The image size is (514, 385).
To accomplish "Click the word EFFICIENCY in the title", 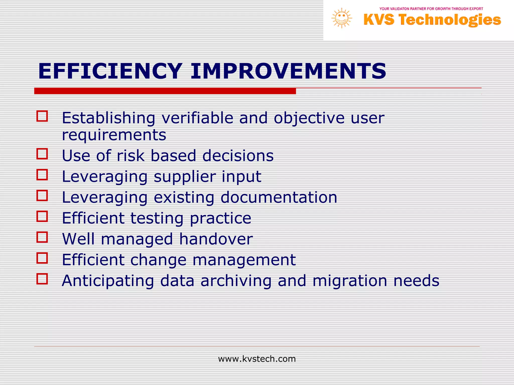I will point(110,71).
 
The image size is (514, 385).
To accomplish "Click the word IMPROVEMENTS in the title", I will point(288,71).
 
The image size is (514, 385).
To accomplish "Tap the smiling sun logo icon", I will point(342,18).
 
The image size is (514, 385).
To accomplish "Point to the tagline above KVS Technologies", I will point(431,9).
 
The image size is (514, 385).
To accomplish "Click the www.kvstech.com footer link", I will point(257,359).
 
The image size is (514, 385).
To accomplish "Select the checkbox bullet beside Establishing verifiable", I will point(42,116).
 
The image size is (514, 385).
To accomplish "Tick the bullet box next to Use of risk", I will point(42,154).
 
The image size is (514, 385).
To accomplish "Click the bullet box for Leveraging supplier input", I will point(42,175).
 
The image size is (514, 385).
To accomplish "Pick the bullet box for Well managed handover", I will point(42,237).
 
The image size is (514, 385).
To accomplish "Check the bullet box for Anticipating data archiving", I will point(42,279).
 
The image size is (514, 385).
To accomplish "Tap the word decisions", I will point(238,156).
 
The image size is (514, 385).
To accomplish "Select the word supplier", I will point(184,177).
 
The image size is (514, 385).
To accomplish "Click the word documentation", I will point(279,197).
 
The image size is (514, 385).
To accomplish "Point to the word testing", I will point(157,219).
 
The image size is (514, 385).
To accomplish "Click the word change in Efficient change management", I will point(158,260).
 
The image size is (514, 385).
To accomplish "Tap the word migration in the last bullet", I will point(350,281).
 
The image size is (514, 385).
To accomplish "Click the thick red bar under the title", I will point(165,91).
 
